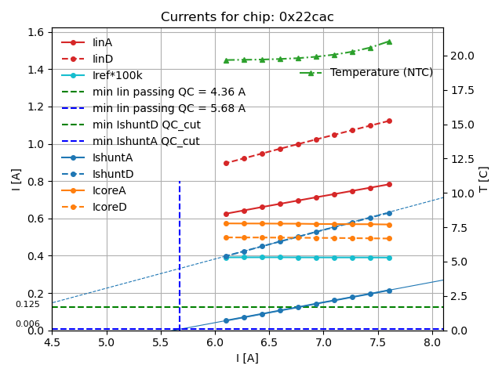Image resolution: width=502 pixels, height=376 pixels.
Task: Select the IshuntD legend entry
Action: pos(113,174)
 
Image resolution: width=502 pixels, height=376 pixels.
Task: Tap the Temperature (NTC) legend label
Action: pos(381,73)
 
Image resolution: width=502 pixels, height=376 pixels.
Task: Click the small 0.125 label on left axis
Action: pos(27,304)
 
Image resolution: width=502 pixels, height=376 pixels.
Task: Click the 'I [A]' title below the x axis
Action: pos(247,358)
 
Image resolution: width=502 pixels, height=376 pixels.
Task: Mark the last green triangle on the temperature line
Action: pos(389,42)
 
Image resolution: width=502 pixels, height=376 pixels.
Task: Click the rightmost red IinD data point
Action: pos(389,121)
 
